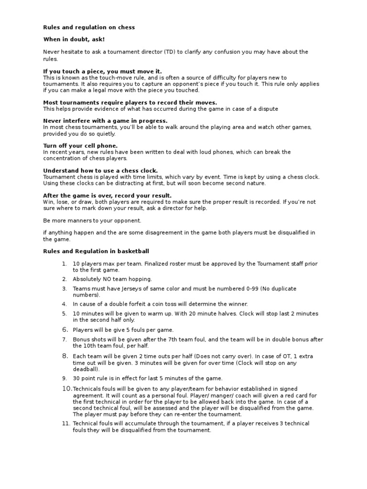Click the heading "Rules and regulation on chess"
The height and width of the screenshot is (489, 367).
point(89,28)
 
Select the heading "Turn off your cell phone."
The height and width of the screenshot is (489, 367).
point(80,146)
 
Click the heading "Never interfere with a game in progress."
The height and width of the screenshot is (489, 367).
point(105,121)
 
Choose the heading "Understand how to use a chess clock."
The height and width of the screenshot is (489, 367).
point(100,170)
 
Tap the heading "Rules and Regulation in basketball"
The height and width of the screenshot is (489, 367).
point(97,251)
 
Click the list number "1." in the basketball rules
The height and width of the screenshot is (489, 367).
point(65,264)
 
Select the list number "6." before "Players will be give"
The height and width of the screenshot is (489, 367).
point(65,330)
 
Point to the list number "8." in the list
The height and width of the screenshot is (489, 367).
point(65,356)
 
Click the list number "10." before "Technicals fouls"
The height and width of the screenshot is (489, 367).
point(66,389)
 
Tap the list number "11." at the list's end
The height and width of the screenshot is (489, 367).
point(65,424)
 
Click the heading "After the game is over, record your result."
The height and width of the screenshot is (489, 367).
point(107,196)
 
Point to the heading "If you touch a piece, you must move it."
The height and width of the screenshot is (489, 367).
point(103,71)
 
